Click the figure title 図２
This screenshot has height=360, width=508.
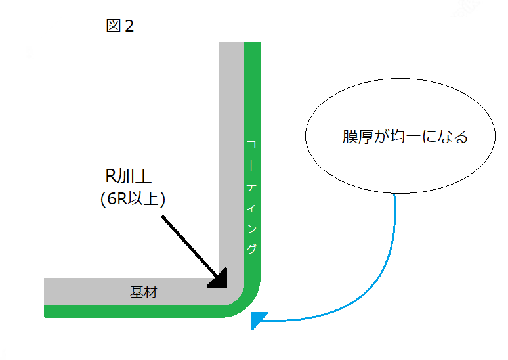click(x=119, y=26)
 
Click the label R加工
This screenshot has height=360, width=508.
click(x=130, y=176)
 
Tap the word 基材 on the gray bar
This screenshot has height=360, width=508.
click(x=144, y=292)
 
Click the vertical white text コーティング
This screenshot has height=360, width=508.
click(x=251, y=196)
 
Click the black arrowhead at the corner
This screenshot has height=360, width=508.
click(x=219, y=280)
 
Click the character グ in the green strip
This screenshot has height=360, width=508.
click(x=251, y=249)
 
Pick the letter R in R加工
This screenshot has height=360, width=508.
click(x=112, y=176)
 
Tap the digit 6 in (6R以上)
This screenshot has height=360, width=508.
click(x=108, y=198)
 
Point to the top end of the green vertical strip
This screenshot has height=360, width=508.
click(x=252, y=45)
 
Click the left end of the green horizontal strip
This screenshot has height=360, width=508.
click(x=47, y=311)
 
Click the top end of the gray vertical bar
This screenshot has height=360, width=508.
click(x=231, y=45)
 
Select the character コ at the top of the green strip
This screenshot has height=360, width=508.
click(x=251, y=145)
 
